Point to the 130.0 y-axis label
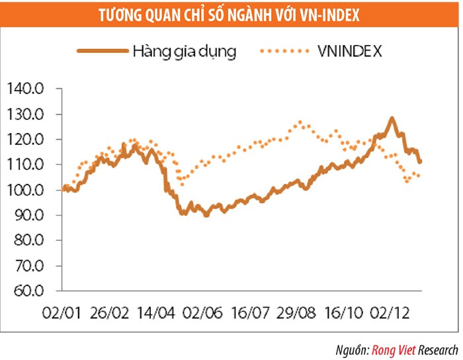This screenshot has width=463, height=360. click(24, 114)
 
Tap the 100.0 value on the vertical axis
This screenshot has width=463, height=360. click(24, 191)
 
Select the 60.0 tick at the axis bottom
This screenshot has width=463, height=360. click(24, 291)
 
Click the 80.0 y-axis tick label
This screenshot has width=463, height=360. click(24, 241)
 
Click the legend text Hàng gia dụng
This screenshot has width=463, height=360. click(184, 50)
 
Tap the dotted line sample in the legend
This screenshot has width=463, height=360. click(286, 50)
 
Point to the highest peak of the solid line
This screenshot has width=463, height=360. click(392, 119)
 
